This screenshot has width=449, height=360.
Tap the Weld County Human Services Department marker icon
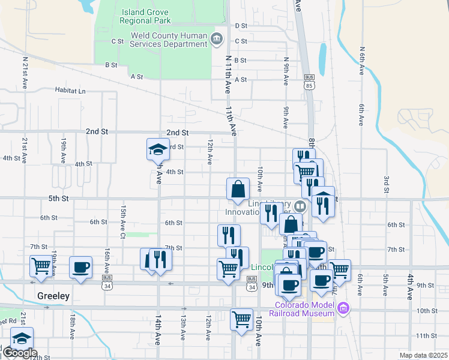[x=217, y=40]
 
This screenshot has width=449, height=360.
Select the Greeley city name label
[x=53, y=296]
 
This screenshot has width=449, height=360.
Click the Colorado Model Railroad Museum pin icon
[x=343, y=309]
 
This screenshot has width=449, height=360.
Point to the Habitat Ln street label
[x=70, y=91]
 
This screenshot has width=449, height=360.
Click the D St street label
[x=241, y=26]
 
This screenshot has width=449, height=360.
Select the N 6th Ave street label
[x=362, y=61]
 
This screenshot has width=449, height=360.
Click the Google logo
[x=19, y=353]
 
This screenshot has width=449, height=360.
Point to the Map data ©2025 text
[x=423, y=355]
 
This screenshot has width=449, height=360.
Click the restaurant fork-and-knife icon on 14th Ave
[x=160, y=259]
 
